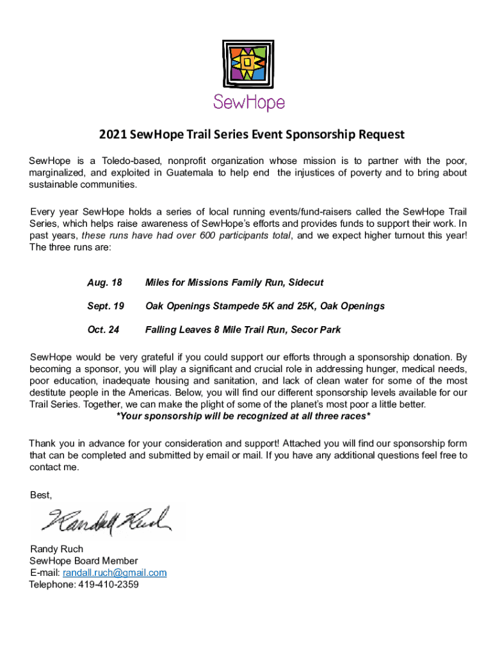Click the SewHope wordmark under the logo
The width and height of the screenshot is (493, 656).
click(x=248, y=102)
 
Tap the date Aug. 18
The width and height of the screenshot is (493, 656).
click(x=104, y=283)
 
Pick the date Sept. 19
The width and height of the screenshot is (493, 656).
click(x=106, y=306)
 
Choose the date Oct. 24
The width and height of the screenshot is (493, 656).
click(x=103, y=330)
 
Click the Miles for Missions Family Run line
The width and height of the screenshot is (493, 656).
click(x=234, y=283)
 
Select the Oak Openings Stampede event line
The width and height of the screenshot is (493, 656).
click(x=265, y=306)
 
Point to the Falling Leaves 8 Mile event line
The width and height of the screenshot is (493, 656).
click(x=243, y=330)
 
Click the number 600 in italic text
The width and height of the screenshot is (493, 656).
click(x=205, y=236)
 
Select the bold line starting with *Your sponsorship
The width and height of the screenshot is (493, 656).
click(x=243, y=416)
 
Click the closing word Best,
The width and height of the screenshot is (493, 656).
click(x=41, y=495)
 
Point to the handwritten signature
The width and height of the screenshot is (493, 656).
click(x=106, y=520)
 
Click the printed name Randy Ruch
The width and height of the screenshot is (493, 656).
click(x=56, y=549)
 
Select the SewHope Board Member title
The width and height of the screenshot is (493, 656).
click(x=84, y=561)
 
